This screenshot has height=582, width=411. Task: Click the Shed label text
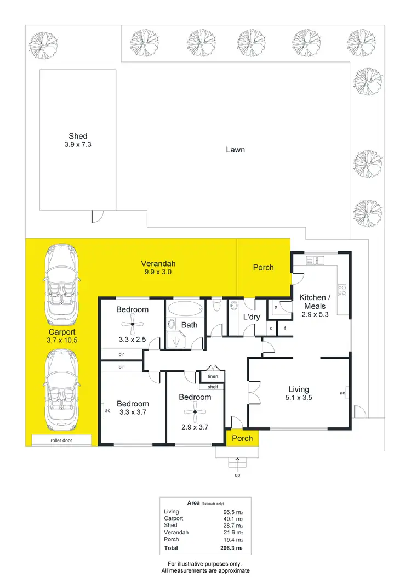pos(77,136)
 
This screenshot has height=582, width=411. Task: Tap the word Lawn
pos(236,150)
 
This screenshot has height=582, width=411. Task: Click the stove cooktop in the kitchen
pos(342,289)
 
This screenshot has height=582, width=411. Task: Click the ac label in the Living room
pos(342,393)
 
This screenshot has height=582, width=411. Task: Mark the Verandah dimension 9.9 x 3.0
pos(158,272)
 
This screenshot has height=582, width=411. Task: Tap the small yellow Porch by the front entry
pos(242,438)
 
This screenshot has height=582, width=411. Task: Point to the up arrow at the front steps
pos(237,460)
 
